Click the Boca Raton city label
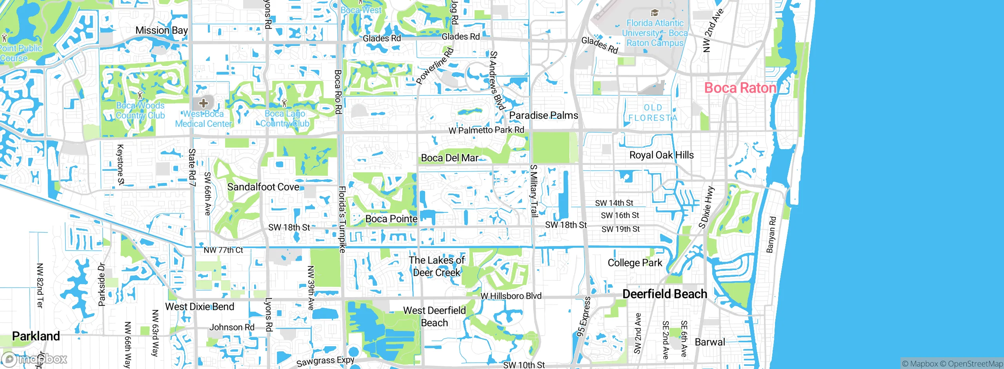(x=740, y=88)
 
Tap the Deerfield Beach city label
(x=665, y=294)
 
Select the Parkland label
(x=36, y=336)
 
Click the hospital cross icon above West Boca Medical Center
(x=203, y=103)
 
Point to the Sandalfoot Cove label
(x=263, y=187)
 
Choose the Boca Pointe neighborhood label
(x=391, y=219)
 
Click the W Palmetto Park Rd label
(x=486, y=130)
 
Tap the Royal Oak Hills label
(x=661, y=155)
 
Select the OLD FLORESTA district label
(x=653, y=113)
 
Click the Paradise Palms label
(x=544, y=115)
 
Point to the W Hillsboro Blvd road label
(x=511, y=296)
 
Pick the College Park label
(x=635, y=263)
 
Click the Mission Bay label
(x=162, y=30)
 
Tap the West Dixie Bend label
(x=200, y=307)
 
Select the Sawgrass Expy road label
(x=326, y=361)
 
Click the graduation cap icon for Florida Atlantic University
(x=654, y=13)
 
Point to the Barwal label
(x=710, y=342)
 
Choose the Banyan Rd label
(x=771, y=234)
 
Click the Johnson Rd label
(x=232, y=327)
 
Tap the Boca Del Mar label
(x=450, y=158)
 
